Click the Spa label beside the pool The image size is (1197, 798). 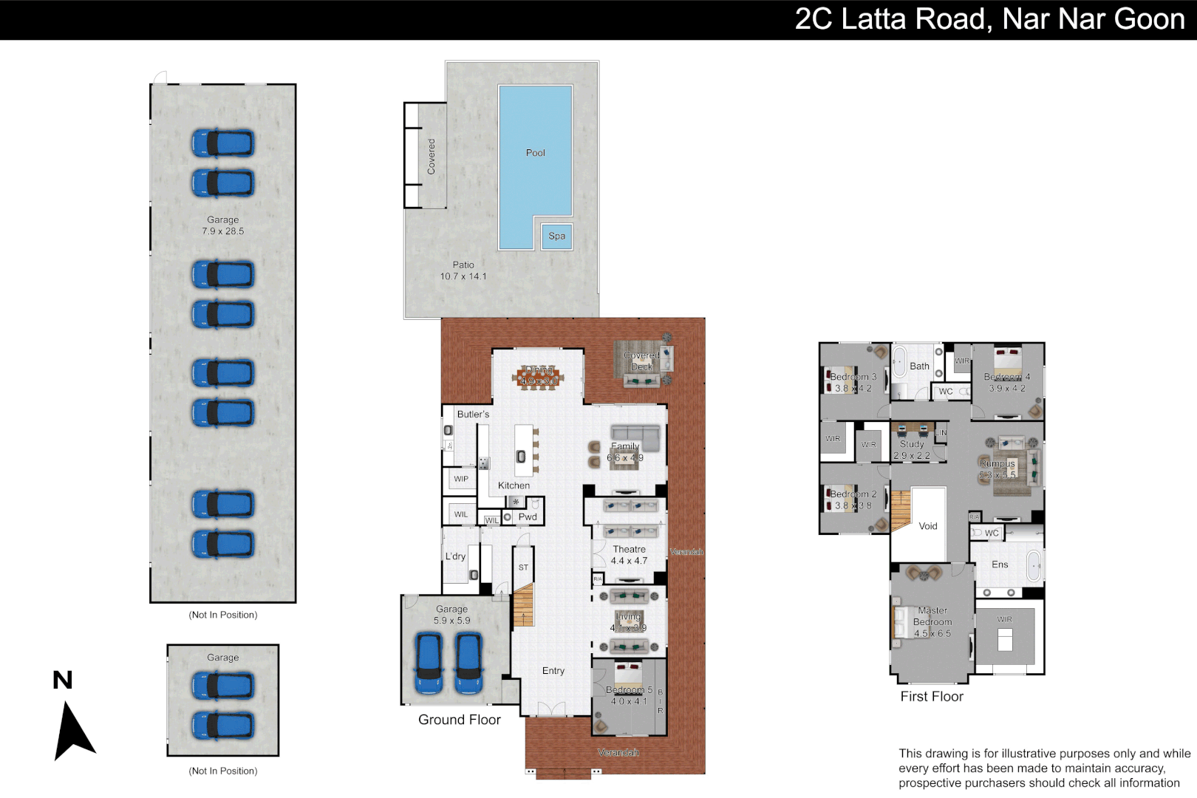coord(556,236)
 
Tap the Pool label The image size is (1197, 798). coord(535,153)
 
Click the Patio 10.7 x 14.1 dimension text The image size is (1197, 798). coord(463,276)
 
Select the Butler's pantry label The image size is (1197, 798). coord(473,415)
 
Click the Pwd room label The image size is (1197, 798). coord(528,516)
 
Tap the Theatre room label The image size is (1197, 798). coord(629,549)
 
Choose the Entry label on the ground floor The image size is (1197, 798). coord(553,671)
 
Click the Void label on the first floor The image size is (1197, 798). coord(928,526)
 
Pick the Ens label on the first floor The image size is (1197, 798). coord(1000,565)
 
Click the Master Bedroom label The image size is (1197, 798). coord(932,616)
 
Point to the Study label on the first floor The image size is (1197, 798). coord(912,444)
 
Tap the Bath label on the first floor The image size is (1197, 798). coord(919,366)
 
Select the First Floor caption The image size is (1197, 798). coord(932,697)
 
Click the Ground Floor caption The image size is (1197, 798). coord(459,720)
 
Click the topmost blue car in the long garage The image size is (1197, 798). coord(223,143)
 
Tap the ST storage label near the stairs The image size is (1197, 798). coord(523,567)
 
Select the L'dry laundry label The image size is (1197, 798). coord(455,556)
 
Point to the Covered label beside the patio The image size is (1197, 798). coord(432,157)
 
